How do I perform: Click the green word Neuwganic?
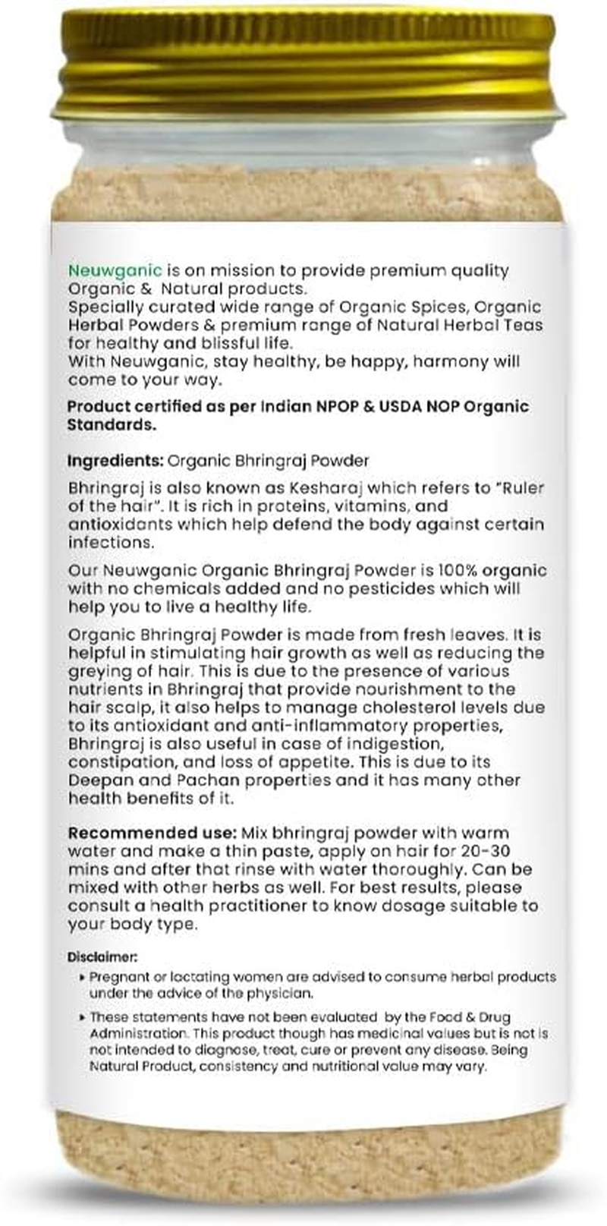(115, 270)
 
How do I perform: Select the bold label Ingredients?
(115, 461)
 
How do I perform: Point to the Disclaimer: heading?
(102, 957)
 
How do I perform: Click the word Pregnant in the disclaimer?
(118, 977)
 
